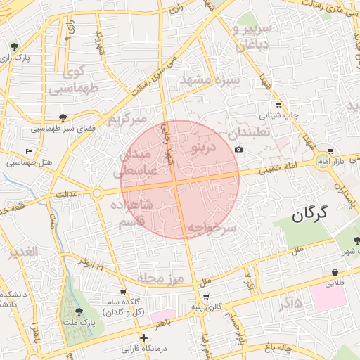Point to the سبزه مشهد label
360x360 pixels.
[x=210, y=80]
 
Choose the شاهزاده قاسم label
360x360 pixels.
[x=132, y=212]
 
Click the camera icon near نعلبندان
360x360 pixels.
[x=238, y=150]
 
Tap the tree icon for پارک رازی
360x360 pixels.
[x=15, y=46]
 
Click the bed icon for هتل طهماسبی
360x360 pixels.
[x=29, y=151]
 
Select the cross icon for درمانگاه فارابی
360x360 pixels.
[x=143, y=337]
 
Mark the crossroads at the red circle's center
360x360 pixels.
[x=180, y=180]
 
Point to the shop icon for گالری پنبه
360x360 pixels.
[x=205, y=297]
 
